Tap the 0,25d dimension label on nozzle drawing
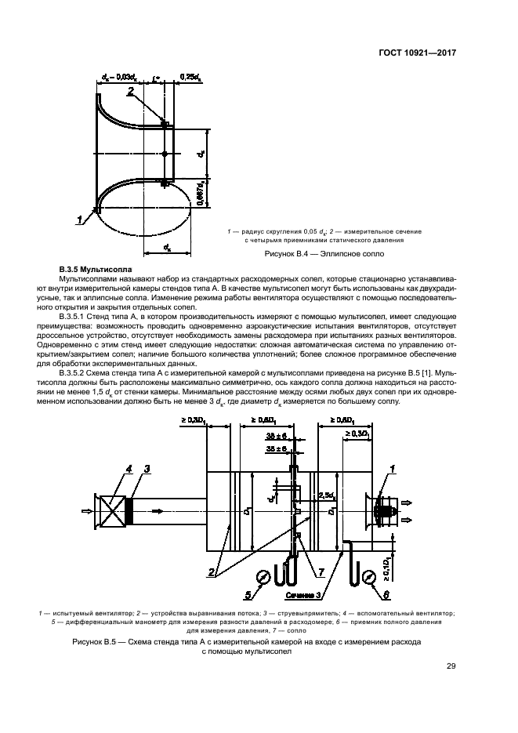click(191, 77)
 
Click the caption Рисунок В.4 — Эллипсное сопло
click(321, 253)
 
